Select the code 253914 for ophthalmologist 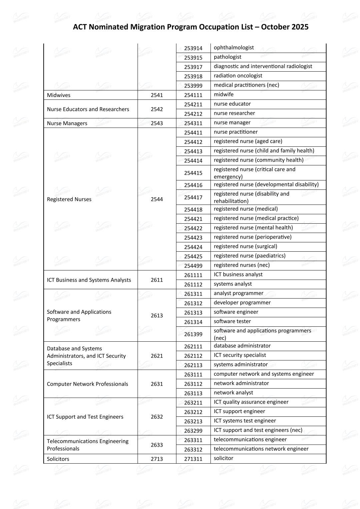(x=193, y=48)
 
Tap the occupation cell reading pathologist (x=228, y=57)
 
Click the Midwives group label (x=59, y=95)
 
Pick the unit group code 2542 (x=157, y=109)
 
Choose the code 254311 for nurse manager (x=193, y=123)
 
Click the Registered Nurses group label (x=69, y=199)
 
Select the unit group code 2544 (x=157, y=199)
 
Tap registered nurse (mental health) (x=253, y=228)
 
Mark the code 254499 (x=193, y=266)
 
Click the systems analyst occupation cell (x=233, y=284)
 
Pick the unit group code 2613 (x=157, y=316)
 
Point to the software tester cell (x=232, y=321)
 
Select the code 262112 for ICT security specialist (x=193, y=356)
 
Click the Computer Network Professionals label (x=87, y=384)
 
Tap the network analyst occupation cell (x=233, y=393)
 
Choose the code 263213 (x=193, y=422)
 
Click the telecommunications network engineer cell (x=261, y=449)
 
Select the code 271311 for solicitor (x=193, y=459)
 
